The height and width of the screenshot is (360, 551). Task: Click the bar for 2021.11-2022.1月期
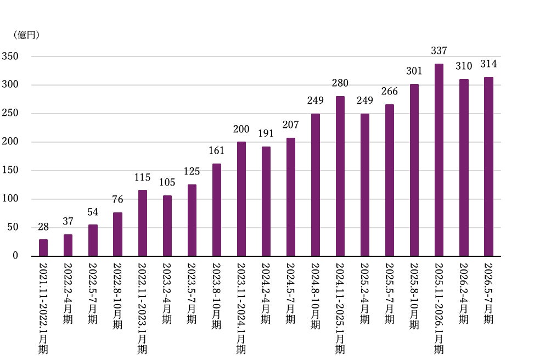[x=43, y=248]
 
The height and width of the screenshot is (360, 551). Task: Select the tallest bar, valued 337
[x=439, y=160]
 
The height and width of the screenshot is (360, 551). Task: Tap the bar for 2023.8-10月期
[x=216, y=210]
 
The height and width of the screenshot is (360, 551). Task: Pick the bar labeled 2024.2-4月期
[x=266, y=201]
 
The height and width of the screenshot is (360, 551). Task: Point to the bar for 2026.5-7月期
[x=488, y=166]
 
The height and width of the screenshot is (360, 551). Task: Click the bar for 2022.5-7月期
[x=93, y=240]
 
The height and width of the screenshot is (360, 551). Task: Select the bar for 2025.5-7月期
[x=389, y=180]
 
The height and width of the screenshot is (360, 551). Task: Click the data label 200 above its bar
[x=241, y=130]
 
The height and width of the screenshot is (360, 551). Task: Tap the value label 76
[x=118, y=200]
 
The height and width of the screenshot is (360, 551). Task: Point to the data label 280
[x=340, y=83]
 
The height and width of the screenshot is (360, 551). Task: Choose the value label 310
[x=464, y=66]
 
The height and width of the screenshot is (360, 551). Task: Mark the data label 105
[x=167, y=182]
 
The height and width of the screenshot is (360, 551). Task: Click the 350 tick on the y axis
[x=10, y=56]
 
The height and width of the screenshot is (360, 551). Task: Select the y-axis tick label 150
[x=10, y=170]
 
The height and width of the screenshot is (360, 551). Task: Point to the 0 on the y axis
[x=15, y=256]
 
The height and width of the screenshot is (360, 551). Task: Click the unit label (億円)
[x=26, y=35]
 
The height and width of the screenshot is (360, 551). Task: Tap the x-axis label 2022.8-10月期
[x=118, y=296]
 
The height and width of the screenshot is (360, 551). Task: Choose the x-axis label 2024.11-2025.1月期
[x=340, y=308]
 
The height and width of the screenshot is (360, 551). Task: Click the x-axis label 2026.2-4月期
[x=464, y=293]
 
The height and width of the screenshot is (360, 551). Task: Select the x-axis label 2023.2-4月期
[x=167, y=293]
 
